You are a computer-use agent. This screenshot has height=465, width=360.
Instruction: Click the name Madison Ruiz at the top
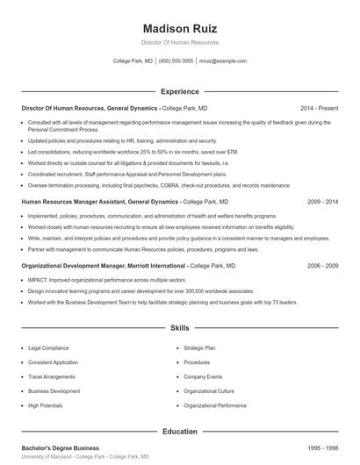[x=179, y=26]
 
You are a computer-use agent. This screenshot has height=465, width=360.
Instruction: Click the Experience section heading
[x=179, y=91]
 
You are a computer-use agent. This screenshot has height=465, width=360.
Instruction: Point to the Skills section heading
[x=179, y=328]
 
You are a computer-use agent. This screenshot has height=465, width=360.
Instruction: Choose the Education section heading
[x=179, y=432]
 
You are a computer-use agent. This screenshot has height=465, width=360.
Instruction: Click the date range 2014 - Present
[x=320, y=108]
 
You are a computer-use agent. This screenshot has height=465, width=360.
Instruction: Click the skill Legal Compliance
[x=47, y=347]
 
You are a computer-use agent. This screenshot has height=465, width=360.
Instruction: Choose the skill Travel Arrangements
[x=50, y=376]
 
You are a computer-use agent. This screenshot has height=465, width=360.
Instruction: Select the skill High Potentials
[x=46, y=405]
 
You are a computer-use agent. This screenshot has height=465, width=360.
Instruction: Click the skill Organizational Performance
[x=215, y=405]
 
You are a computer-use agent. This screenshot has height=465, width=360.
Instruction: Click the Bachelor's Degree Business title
[x=60, y=448]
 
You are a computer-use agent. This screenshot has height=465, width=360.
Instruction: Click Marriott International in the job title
[x=153, y=265]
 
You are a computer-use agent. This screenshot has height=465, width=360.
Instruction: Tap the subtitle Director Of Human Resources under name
[x=179, y=42]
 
